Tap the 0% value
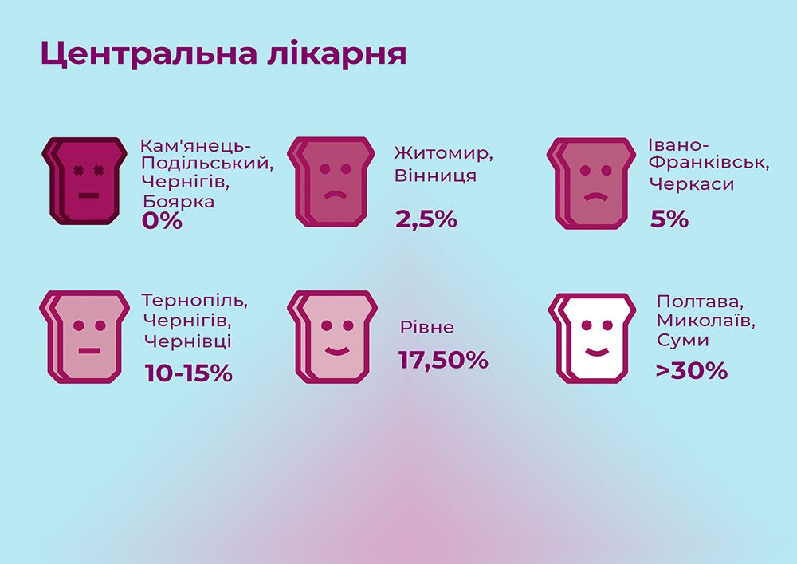(x=162, y=220)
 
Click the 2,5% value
(x=426, y=219)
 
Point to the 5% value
(x=669, y=219)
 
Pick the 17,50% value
(x=443, y=360)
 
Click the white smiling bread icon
(x=591, y=337)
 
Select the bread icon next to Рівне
(x=332, y=336)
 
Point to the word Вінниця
(x=435, y=176)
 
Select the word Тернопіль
(x=195, y=302)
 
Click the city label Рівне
(x=427, y=328)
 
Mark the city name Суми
(x=682, y=341)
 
